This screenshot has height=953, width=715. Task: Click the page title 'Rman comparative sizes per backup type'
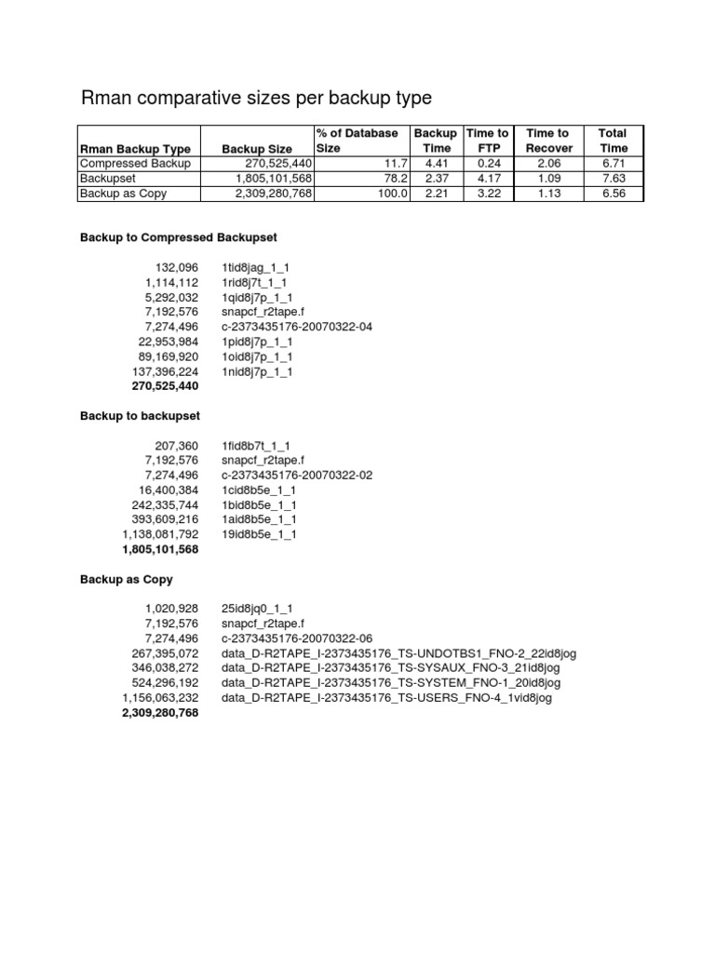pos(256,98)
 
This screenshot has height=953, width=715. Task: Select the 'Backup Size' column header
pos(257,148)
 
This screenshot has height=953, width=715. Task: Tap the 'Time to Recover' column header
pos(549,141)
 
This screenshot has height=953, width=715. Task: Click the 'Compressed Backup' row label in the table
pos(135,163)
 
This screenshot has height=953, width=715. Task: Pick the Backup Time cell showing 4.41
pos(436,163)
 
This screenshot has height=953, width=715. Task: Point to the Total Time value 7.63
pos(614,178)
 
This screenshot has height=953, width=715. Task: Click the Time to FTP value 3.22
pos(489,193)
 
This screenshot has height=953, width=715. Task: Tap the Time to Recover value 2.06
pos(549,163)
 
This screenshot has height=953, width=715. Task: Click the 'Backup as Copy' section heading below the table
pos(127,579)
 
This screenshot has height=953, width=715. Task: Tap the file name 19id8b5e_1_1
pos(259,535)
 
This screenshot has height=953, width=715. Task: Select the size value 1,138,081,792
pos(160,535)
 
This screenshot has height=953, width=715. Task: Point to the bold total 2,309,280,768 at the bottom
pos(160,713)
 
